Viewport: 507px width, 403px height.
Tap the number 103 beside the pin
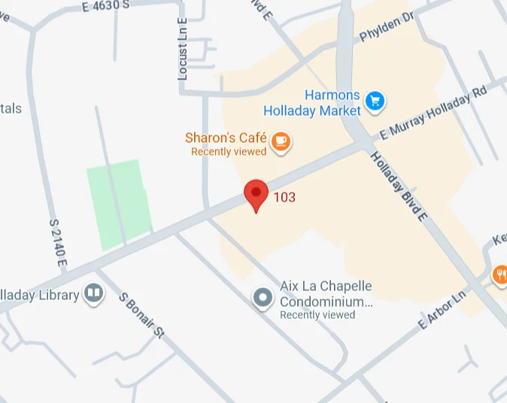(x=284, y=198)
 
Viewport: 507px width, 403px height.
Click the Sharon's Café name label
(x=226, y=138)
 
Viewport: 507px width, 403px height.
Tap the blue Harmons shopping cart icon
(x=374, y=100)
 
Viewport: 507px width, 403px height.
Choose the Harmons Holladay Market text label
(x=312, y=103)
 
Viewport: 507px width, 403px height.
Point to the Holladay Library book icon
(x=93, y=292)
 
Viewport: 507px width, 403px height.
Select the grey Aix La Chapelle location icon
(x=263, y=298)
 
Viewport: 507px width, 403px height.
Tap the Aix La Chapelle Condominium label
(x=326, y=295)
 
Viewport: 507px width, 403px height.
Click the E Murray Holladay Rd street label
(x=433, y=113)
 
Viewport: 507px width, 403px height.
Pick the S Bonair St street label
(x=141, y=315)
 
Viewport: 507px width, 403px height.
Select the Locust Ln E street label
(x=182, y=50)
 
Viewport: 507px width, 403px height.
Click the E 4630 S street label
(x=105, y=5)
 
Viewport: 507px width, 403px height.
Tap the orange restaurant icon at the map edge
(x=499, y=274)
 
